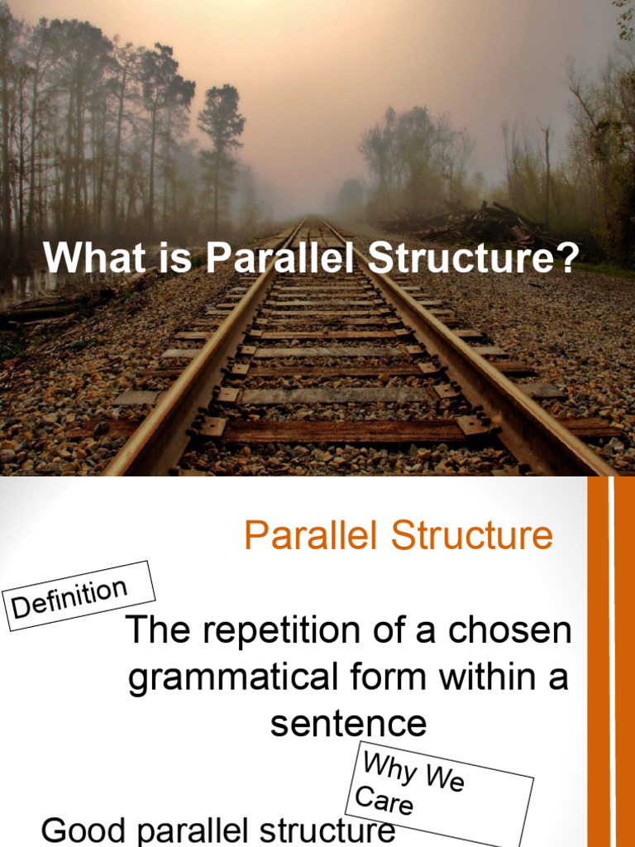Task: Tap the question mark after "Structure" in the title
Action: [x=566, y=258]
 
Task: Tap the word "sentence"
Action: [x=348, y=725]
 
